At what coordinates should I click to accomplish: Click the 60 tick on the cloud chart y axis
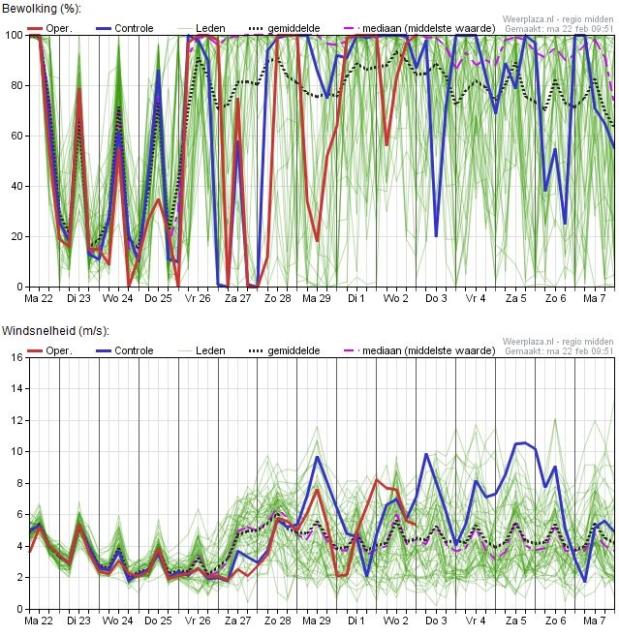(15, 136)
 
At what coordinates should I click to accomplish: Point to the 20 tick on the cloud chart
(15, 236)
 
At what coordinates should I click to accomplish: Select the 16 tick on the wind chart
(15, 357)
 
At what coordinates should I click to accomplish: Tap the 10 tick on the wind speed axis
(15, 451)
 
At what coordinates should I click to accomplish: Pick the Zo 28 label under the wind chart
(277, 621)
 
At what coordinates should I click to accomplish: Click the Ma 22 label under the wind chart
(39, 621)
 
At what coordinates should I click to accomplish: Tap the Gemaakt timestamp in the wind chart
(559, 351)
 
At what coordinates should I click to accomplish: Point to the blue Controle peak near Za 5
(525, 442)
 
